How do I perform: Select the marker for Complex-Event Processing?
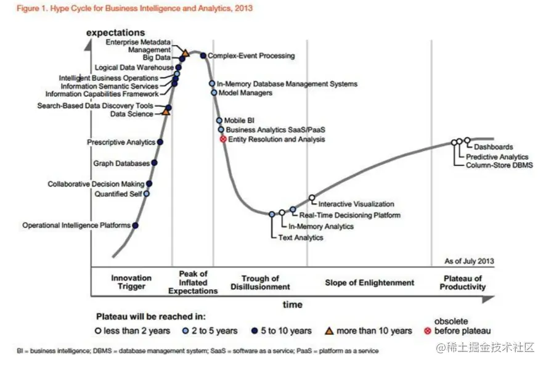tap(203, 55)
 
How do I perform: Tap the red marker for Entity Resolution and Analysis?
tap(223, 139)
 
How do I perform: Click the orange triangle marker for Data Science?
tap(166, 113)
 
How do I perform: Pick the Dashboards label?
tap(493, 147)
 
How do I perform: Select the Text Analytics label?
tap(301, 237)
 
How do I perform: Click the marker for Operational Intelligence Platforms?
tap(135, 225)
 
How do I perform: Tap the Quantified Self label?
tap(118, 194)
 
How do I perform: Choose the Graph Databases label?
tap(121, 163)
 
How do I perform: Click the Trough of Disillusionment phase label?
tap(260, 282)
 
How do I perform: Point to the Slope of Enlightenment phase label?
tap(370, 282)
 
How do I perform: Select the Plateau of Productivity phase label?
tap(462, 282)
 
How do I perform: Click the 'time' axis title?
tap(293, 305)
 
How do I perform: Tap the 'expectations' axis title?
tap(116, 32)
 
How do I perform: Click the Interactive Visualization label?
tap(356, 204)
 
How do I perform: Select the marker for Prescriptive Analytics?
tap(160, 142)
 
